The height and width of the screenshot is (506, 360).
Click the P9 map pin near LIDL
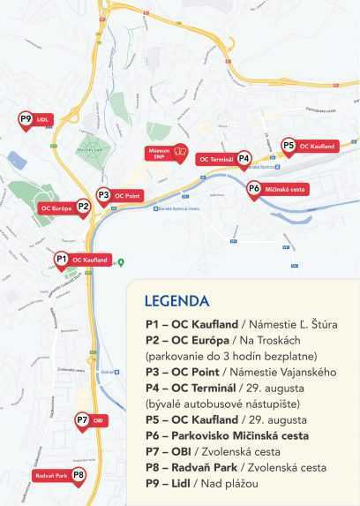click(x=26, y=120)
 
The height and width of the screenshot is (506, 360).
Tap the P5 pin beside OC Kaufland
click(x=288, y=146)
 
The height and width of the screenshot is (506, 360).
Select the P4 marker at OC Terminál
click(x=244, y=159)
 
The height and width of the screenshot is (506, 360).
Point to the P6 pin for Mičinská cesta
click(x=253, y=189)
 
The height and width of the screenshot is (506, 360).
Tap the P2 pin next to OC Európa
click(x=83, y=208)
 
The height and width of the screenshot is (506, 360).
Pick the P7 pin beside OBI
click(x=82, y=421)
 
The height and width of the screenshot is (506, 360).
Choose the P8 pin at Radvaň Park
click(x=79, y=476)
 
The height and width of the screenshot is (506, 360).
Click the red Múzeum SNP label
click(x=167, y=153)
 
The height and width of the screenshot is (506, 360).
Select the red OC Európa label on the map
click(x=56, y=208)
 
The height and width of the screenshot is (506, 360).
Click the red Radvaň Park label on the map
click(x=51, y=475)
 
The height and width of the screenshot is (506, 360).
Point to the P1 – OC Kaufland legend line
click(x=241, y=325)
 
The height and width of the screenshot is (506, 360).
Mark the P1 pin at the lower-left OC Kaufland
click(x=61, y=260)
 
